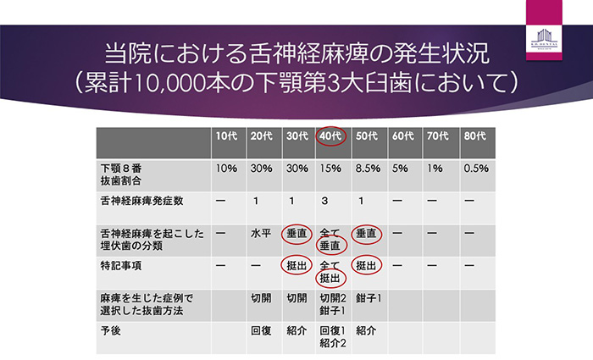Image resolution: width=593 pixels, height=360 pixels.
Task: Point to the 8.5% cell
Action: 369,169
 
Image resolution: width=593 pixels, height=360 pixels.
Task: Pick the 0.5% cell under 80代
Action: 476,169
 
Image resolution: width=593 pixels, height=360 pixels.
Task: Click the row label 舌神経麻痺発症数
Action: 141,202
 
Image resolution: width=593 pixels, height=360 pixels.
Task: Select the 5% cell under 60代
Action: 401,169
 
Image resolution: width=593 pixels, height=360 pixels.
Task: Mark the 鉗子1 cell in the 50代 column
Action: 369,299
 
